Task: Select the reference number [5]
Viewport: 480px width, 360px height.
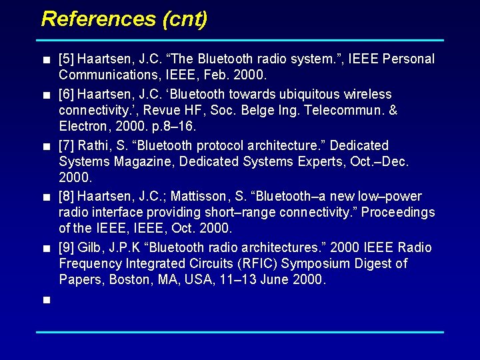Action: coord(66,59)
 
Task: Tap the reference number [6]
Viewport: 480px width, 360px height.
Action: coord(66,94)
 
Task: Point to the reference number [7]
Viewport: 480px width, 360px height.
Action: coord(66,145)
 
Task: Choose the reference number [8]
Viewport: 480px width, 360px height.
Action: coord(66,197)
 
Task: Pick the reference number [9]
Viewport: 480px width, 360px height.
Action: coord(66,248)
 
